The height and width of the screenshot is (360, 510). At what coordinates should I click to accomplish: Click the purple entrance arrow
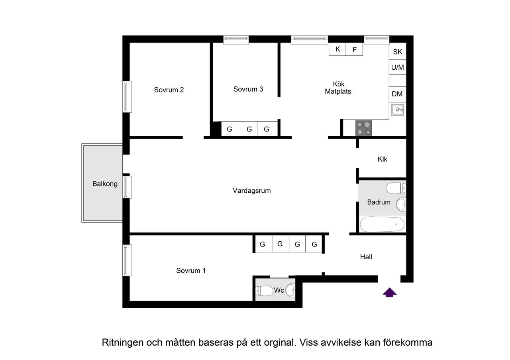[390, 293]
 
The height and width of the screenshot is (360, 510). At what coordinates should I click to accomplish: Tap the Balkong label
[105, 184]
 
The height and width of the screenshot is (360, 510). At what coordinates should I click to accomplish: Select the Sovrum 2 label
[169, 90]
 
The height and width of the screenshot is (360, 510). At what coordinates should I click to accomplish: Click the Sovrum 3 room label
[248, 89]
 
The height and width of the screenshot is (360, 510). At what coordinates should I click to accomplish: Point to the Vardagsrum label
[252, 191]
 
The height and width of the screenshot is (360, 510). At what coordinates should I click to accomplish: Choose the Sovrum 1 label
[191, 271]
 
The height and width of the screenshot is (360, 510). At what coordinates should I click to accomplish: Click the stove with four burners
[363, 128]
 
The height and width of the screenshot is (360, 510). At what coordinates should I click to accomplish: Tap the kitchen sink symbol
[397, 110]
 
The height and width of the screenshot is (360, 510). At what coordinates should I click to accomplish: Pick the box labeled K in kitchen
[338, 49]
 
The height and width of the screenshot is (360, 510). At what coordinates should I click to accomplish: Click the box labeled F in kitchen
[355, 49]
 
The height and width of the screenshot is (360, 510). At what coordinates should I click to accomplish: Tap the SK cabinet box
[398, 52]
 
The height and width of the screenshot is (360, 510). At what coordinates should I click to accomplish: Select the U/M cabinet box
[398, 67]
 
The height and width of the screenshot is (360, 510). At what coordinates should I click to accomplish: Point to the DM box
[397, 94]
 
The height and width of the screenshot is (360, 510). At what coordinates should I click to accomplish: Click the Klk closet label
[382, 160]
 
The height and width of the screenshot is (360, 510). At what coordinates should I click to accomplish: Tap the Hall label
[366, 257]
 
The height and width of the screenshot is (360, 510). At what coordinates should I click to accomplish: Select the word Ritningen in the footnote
[122, 342]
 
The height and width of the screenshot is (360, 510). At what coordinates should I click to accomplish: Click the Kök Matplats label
[338, 88]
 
